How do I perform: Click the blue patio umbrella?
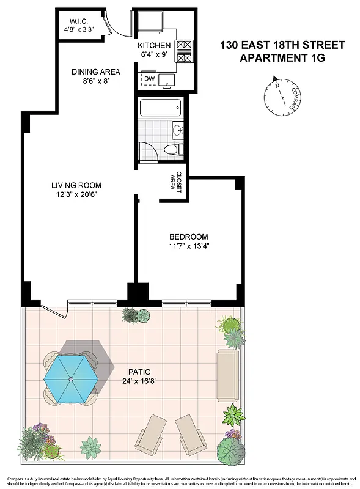tap(70, 380)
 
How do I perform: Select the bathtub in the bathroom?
tap(160, 109)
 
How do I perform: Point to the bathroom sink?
tap(178, 130)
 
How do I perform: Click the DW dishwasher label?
tap(149, 78)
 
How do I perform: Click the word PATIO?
tap(136, 371)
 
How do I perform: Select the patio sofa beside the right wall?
tap(227, 375)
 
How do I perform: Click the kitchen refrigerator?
tap(150, 23)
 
